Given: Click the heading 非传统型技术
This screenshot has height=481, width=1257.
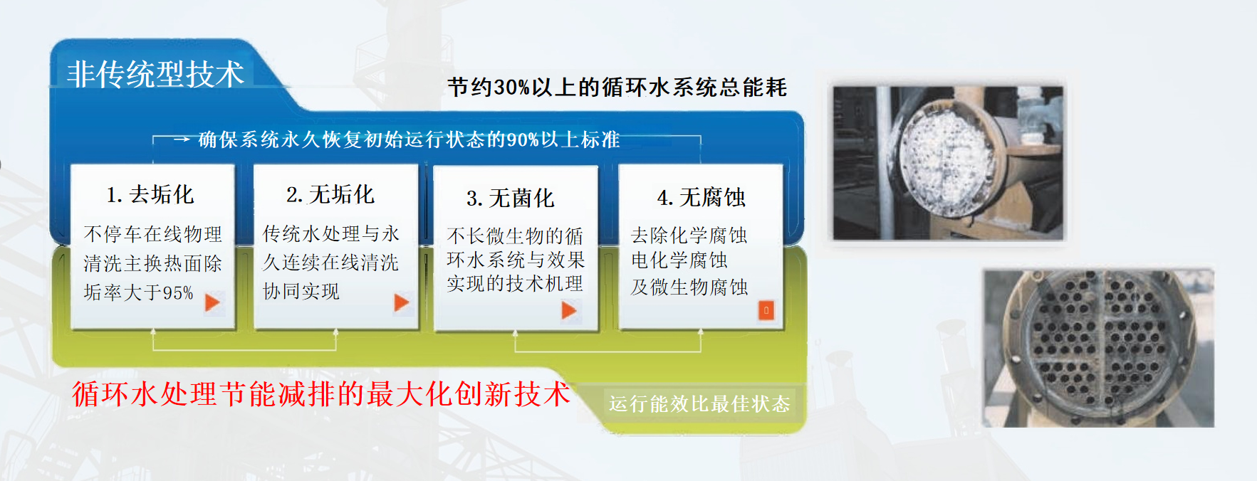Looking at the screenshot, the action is tap(155, 74).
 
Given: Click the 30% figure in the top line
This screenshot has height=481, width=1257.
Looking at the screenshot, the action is tap(511, 88).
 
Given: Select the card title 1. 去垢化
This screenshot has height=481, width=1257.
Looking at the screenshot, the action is tap(150, 194).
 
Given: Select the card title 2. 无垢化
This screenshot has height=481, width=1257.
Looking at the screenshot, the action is tap(330, 194).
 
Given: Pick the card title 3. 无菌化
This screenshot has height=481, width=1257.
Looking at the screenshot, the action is tap(511, 198).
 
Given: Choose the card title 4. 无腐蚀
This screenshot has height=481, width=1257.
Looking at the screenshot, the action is tap(701, 197).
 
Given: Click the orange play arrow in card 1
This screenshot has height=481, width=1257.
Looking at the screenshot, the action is tap(212, 303).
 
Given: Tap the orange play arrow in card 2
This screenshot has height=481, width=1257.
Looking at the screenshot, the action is tap(402, 303).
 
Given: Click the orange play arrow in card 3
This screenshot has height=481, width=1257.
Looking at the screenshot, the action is tap(569, 310).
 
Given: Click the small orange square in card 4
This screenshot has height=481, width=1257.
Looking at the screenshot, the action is tap(766, 310).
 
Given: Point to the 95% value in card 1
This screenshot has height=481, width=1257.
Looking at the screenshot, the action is tap(178, 292).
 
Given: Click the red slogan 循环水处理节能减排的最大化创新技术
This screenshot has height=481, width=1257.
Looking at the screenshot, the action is tap(321, 393).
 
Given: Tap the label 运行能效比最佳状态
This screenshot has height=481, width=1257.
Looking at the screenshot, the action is tap(699, 404).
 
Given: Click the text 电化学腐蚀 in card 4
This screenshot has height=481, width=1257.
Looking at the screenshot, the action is tap(679, 260).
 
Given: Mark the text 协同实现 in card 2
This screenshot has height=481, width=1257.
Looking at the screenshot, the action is tap(301, 291).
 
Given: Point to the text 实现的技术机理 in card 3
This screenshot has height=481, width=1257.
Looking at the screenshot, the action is tap(515, 284).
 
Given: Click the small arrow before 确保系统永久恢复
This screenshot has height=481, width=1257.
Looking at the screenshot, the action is tap(182, 139).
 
